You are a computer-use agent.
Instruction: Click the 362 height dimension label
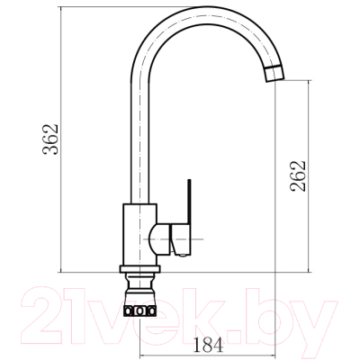click(x=50, y=139)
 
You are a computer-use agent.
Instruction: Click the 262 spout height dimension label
click(x=298, y=176)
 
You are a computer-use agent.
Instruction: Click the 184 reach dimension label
click(x=208, y=345)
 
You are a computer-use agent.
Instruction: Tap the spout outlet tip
click(x=274, y=74)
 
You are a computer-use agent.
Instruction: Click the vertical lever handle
click(x=189, y=202)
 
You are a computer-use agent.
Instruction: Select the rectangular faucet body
click(x=139, y=235)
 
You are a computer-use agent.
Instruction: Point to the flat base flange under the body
click(x=139, y=269)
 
